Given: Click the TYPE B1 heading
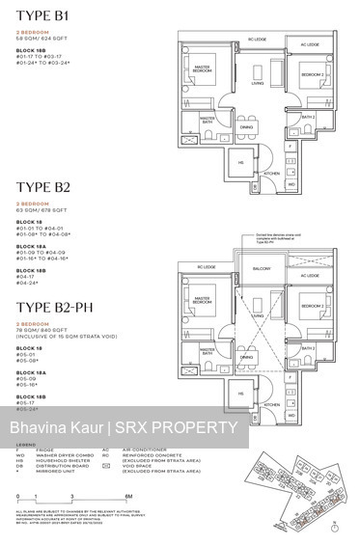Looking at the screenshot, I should [43, 17].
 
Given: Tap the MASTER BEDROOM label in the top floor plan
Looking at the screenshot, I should [202, 70].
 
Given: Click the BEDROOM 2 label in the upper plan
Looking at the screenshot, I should [308, 73].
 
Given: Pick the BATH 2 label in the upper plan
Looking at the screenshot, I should [308, 117].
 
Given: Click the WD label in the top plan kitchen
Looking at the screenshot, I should [291, 182].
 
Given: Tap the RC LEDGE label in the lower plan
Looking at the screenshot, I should [206, 266].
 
